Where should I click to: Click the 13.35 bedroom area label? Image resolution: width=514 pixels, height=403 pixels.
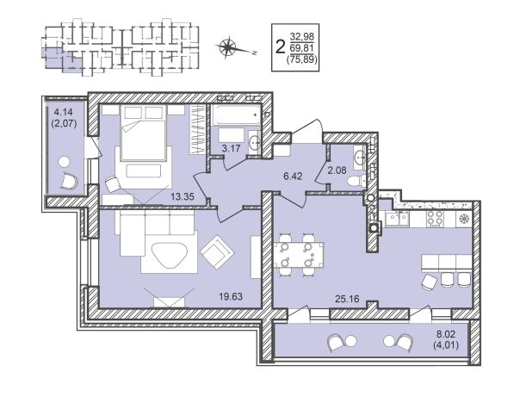pos(183,196)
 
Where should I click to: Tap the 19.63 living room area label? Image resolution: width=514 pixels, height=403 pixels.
pos(231,297)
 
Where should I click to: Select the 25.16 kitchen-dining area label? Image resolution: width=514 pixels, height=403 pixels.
pos(347,299)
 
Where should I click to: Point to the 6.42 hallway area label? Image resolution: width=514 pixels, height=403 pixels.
pos(293,177)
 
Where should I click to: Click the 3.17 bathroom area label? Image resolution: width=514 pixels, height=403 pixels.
pos(231,149)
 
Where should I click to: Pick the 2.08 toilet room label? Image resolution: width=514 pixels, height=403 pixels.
pos(337,170)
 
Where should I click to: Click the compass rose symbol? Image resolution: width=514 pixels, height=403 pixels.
pos(227,47)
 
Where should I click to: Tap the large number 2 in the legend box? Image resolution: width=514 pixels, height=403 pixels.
pos(280,46)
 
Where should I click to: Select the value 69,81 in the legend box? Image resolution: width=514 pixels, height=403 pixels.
pos(301,48)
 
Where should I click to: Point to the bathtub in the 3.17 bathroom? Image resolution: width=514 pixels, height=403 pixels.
pos(236,115)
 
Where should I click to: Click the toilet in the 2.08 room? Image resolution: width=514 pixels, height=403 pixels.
pos(356,181)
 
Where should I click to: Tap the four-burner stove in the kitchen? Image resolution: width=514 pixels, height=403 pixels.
pos(435,219)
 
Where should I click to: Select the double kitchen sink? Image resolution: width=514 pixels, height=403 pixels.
pos(397,219)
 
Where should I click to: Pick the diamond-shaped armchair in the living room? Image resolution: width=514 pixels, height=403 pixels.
pos(217,251)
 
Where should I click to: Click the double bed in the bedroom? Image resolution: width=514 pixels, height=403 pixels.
pos(143,133)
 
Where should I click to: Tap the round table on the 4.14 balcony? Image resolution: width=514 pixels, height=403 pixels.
pos(64,162)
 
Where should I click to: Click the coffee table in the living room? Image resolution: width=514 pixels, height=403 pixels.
pos(170,255)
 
